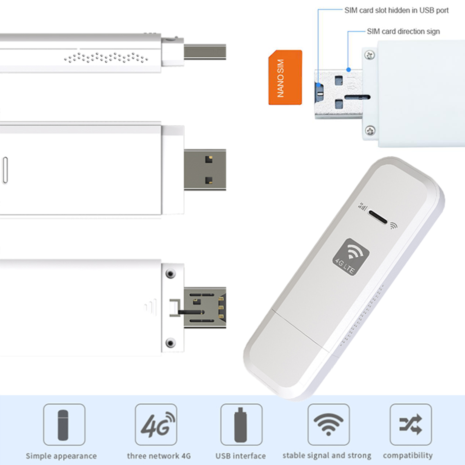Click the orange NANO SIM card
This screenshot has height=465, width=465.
285,77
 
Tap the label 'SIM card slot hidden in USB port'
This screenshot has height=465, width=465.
396,10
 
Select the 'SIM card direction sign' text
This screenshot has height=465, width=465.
403,31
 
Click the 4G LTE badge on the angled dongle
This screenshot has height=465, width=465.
351,257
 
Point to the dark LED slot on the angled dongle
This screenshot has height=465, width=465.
378,217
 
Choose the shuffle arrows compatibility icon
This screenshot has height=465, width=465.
410,424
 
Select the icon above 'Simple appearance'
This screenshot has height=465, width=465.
63,425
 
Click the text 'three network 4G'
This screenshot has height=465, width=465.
159,456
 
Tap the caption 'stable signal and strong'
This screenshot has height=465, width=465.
327,455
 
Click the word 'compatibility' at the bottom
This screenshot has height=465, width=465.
408,455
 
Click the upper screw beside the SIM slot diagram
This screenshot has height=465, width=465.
370,55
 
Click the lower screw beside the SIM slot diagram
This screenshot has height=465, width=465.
370,130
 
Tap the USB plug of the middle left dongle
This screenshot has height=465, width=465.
205,170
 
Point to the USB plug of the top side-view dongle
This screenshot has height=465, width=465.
205,52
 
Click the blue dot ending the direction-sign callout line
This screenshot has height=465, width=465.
348,70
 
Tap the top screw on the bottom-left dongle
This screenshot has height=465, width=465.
170,274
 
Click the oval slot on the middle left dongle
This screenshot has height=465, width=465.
5,170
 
